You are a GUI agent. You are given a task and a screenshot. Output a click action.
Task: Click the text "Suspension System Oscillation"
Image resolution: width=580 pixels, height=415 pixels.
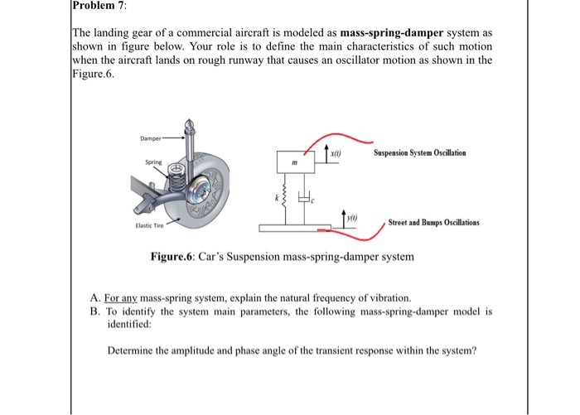[419, 153]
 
